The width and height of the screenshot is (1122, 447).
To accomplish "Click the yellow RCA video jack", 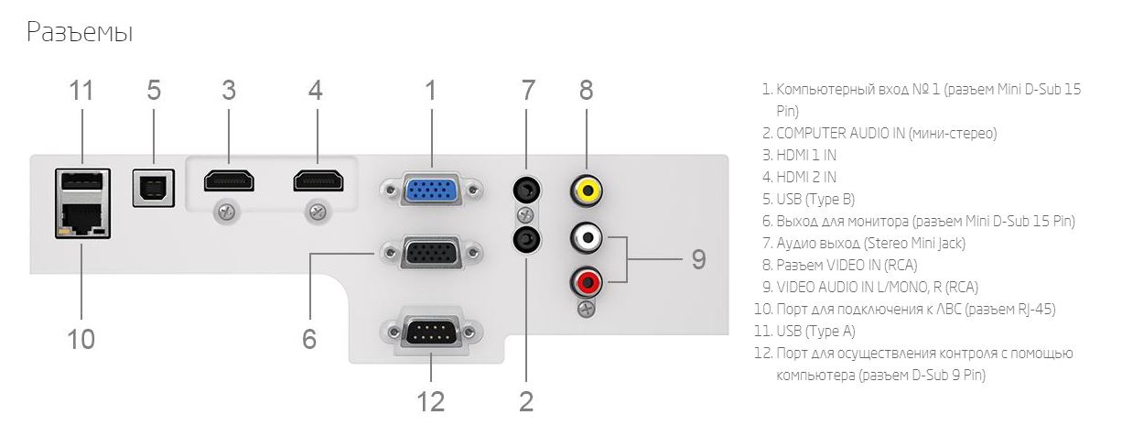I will (586, 190).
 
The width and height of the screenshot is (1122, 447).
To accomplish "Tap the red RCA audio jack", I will (586, 278).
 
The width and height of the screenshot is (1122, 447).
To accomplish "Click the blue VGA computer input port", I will (430, 191).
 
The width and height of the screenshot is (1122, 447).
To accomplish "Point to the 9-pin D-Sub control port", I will (430, 332).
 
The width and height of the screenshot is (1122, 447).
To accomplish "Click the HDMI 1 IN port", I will (228, 180).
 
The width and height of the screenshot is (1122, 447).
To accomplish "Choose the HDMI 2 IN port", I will (318, 180).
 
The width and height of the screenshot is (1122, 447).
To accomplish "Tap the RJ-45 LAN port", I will (81, 219).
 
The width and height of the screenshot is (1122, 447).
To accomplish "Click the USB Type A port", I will (81, 180).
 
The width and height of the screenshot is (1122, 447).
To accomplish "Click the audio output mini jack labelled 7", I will (525, 190).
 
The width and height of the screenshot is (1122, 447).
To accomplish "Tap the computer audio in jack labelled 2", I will (525, 240).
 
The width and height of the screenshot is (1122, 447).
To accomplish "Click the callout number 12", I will (430, 399).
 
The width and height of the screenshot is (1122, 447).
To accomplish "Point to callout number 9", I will (698, 259).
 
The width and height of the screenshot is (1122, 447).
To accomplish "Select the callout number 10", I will (81, 339).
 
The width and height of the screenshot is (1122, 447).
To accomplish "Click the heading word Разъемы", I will (80, 33).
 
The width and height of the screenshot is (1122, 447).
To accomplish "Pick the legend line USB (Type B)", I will (815, 199).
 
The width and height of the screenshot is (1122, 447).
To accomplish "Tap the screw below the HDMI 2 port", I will (318, 213).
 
